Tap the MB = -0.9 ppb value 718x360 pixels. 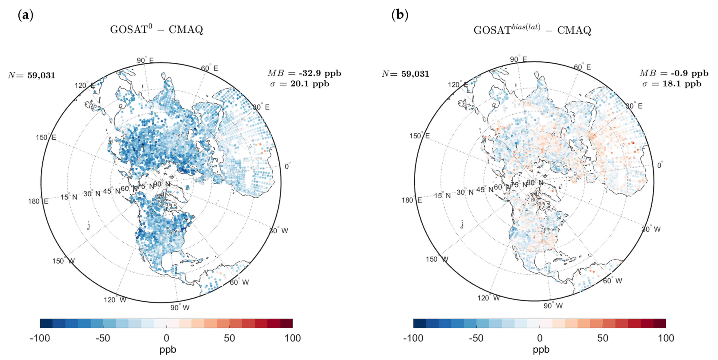674,73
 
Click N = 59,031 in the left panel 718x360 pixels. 32,75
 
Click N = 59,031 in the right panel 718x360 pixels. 405,74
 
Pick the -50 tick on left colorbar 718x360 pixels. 103,338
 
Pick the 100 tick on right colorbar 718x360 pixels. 666,338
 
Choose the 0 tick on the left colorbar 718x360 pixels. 166,338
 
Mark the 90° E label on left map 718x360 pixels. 145,60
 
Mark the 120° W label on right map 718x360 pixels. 488,298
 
